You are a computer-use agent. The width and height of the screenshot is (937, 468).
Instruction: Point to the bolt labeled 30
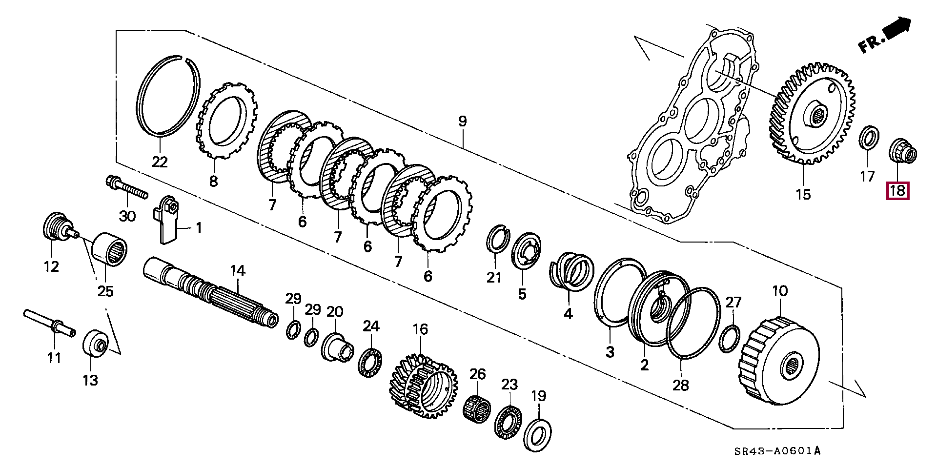(127, 189)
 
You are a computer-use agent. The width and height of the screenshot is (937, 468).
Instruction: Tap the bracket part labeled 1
(166, 218)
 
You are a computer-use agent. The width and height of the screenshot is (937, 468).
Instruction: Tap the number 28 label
(681, 385)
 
